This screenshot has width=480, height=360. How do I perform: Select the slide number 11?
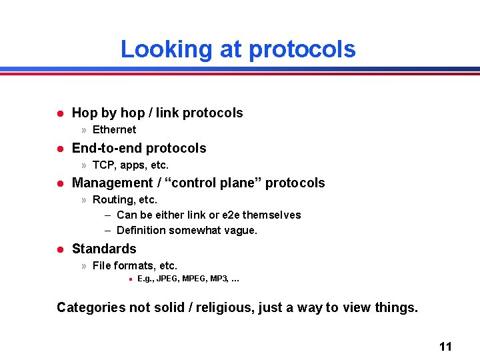pyautogui.click(x=445, y=346)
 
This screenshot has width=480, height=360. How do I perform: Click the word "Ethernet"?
pyautogui.click(x=114, y=129)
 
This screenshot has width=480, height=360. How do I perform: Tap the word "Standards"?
pyautogui.click(x=104, y=249)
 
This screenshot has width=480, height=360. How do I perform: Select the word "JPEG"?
pyautogui.click(x=167, y=279)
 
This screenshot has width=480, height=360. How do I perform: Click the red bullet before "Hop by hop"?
pyautogui.click(x=59, y=113)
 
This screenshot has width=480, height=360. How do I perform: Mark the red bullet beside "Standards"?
pyautogui.click(x=59, y=249)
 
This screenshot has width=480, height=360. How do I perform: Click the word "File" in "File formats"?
pyautogui.click(x=101, y=265)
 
